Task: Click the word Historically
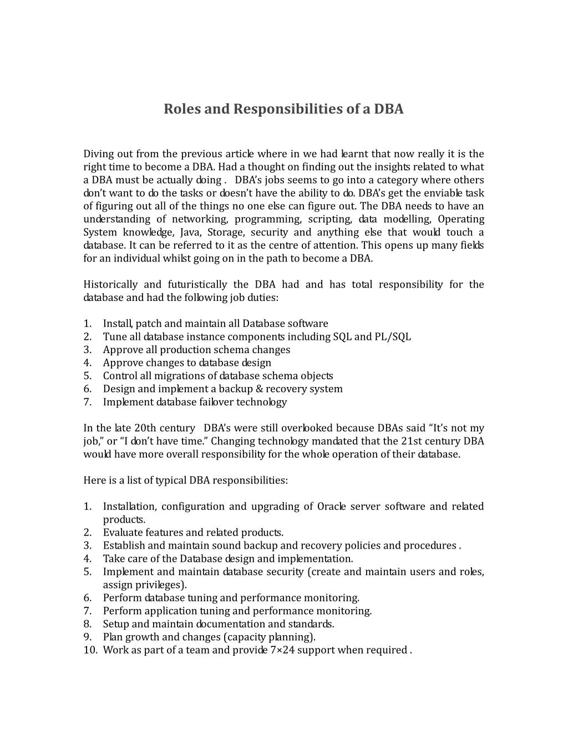coord(110,285)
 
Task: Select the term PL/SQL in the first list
coord(393,337)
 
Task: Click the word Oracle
coord(332,506)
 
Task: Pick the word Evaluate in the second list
coord(123,532)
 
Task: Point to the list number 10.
coord(90,650)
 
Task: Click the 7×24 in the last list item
coord(282,650)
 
